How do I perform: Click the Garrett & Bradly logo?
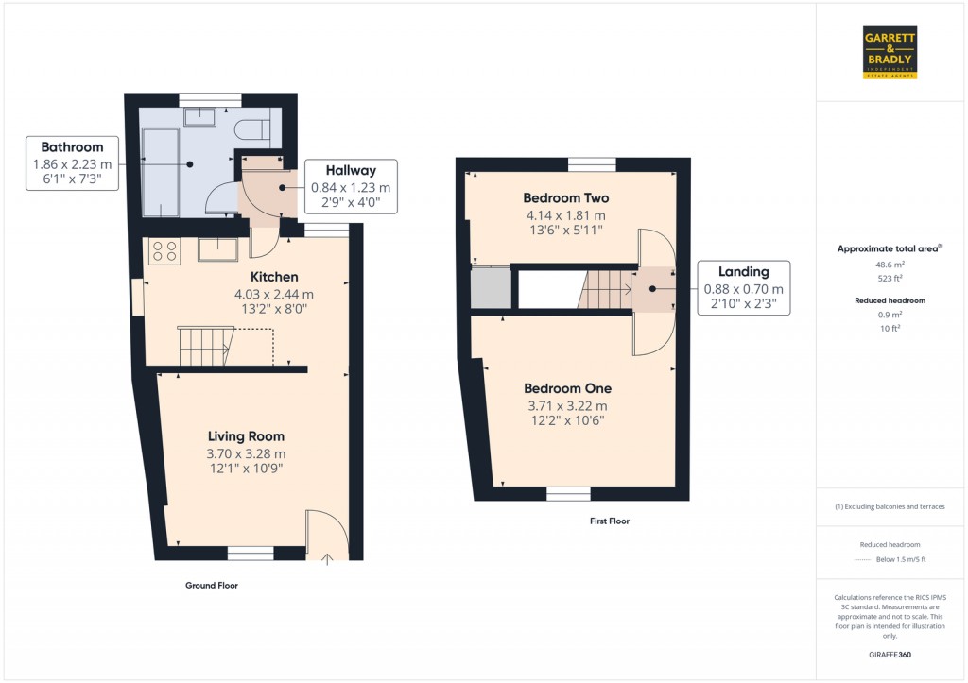(890, 51)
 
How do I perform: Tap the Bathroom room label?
(72, 146)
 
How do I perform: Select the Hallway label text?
(351, 170)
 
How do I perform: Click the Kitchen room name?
(274, 277)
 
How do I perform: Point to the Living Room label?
(246, 435)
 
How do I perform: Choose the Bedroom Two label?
(567, 198)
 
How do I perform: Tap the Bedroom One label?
(567, 388)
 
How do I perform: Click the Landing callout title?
(743, 271)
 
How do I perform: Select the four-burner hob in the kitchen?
(164, 250)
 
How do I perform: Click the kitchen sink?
(216, 249)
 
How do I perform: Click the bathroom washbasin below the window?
(199, 116)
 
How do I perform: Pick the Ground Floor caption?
(212, 586)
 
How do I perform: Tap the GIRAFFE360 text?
(889, 655)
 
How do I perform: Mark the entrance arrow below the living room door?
(328, 559)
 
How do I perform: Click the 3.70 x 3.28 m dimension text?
(246, 453)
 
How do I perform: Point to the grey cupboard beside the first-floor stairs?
(489, 288)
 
